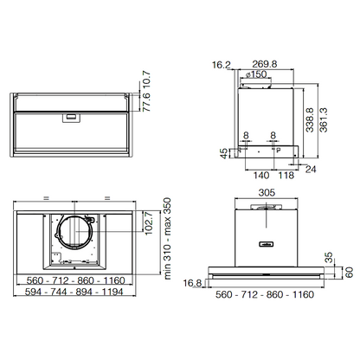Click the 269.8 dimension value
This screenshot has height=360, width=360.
265,64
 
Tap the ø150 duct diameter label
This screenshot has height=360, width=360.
256,74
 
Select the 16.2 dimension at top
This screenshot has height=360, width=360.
222,65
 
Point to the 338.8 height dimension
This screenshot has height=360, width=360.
310,120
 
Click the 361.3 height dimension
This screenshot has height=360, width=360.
324,120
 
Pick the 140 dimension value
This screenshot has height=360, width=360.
261,175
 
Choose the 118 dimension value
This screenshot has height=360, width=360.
286,175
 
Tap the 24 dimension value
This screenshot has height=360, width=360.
311,170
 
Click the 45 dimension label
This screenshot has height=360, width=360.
224,153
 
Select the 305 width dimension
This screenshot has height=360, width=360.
267,192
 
